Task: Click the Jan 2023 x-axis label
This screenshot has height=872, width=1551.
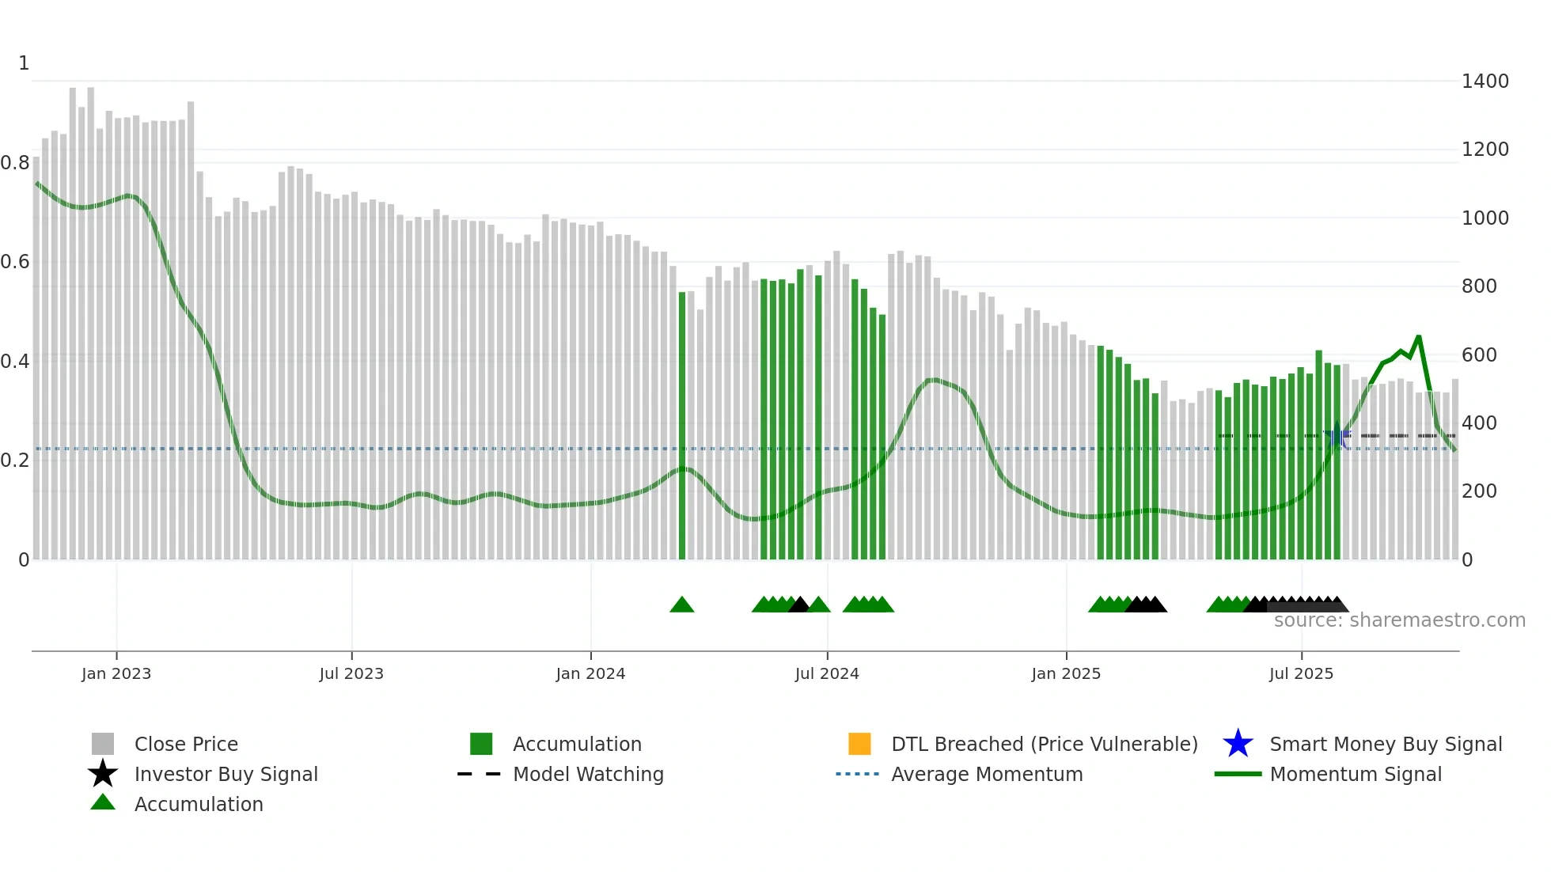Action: [116, 673]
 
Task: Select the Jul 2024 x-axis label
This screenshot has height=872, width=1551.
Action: [827, 673]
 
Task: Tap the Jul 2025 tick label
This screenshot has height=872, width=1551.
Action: [1301, 673]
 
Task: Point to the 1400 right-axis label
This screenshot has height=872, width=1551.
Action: [1485, 82]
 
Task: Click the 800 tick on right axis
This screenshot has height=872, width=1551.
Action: [1479, 286]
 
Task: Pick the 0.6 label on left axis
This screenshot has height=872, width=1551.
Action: [15, 262]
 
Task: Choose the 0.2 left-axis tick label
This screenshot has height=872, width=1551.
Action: [15, 461]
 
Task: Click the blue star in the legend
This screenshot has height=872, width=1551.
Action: [1238, 744]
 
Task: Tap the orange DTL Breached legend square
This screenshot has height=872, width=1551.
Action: [859, 744]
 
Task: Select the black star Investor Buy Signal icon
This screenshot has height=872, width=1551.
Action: [103, 774]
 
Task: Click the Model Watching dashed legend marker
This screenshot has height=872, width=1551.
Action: [480, 774]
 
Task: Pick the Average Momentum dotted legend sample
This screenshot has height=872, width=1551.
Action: [858, 774]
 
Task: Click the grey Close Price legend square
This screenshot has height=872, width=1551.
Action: [103, 744]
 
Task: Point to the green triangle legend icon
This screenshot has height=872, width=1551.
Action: [103, 802]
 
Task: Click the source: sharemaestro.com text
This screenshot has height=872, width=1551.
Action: [1399, 620]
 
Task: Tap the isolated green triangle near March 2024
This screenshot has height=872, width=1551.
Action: [682, 605]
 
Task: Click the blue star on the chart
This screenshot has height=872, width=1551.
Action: [1337, 435]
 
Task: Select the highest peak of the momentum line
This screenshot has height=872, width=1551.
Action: [1418, 337]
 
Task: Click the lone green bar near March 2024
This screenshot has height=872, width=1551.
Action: [682, 426]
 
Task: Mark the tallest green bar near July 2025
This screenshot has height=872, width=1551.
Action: [1319, 454]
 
